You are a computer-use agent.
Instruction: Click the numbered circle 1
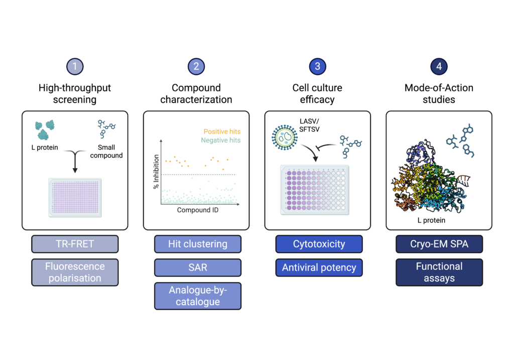point(75,66)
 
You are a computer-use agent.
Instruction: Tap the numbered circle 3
point(318,66)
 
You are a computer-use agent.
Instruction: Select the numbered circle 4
point(439,66)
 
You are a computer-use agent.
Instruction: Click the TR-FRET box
point(75,244)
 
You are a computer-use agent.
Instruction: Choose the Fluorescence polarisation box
point(75,272)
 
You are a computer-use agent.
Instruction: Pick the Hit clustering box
point(197,244)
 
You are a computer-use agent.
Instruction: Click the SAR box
point(197,267)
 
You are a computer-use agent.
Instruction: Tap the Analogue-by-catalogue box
point(197,296)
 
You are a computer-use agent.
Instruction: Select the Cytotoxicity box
point(319,244)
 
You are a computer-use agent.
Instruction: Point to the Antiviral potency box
point(319,268)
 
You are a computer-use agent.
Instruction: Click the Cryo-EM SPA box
point(439,244)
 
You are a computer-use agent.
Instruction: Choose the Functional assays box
point(439,272)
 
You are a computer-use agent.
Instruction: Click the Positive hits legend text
point(222,132)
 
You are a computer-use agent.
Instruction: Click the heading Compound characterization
point(196,94)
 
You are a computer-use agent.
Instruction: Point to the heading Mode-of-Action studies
point(439,94)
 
